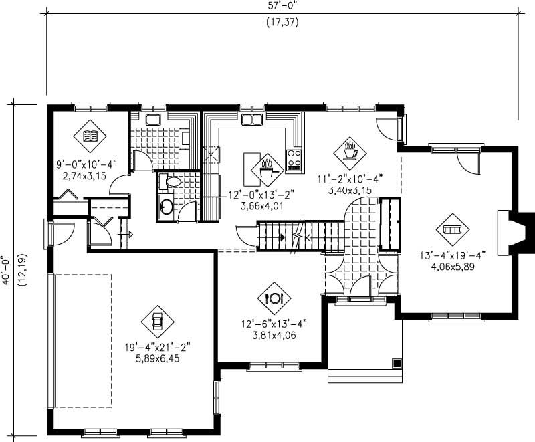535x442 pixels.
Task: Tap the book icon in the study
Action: tap(90, 138)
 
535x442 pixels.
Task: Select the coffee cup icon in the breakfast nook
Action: tap(349, 150)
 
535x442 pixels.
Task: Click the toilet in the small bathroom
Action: tap(172, 181)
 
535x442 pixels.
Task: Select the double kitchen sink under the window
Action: tap(251, 120)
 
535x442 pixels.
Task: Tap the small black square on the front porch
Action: tap(397, 363)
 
